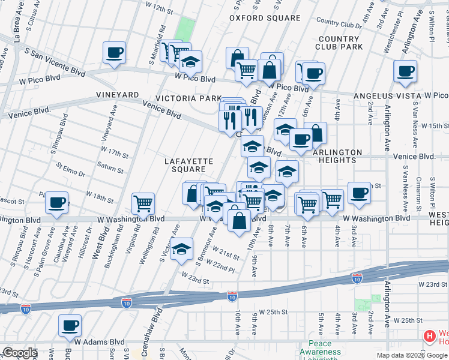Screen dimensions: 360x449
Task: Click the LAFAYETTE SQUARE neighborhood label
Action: pos(189,165)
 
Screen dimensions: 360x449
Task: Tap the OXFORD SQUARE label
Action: pos(265,18)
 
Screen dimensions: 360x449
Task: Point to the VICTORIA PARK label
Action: pos(184,98)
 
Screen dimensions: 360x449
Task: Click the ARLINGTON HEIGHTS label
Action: pos(337,156)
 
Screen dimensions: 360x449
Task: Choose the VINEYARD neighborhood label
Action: pos(118,95)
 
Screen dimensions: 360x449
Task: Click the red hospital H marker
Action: pos(429,337)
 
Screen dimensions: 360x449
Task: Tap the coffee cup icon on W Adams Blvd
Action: pos(70,325)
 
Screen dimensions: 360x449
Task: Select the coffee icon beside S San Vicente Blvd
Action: pos(114,53)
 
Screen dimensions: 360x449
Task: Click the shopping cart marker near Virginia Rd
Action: pos(143,203)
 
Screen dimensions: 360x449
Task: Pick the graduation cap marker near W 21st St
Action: pos(181,249)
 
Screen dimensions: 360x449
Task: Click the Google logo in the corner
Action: pos(20,352)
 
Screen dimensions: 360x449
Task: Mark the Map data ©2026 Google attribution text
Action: pos(411,355)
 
